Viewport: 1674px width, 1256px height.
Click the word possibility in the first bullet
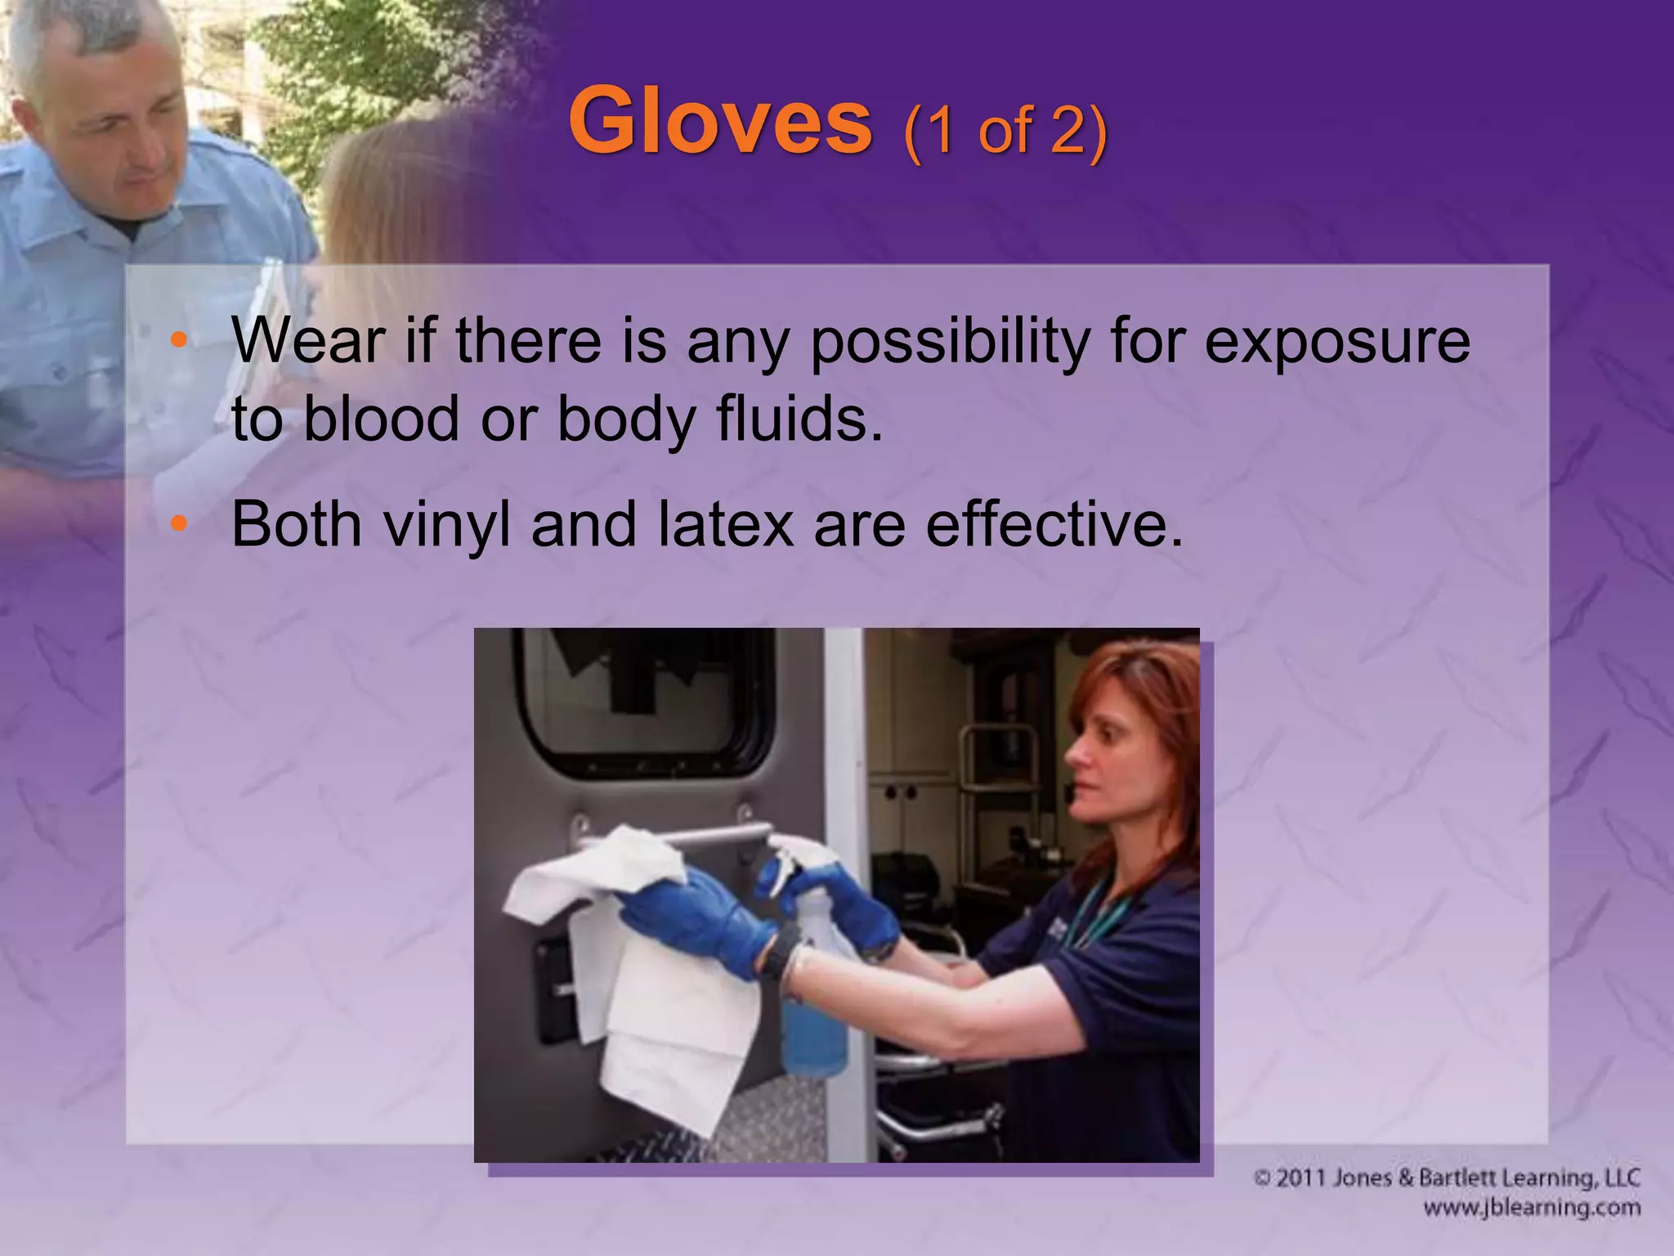coord(950,342)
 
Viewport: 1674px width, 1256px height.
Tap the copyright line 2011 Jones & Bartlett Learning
coord(1447,1178)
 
